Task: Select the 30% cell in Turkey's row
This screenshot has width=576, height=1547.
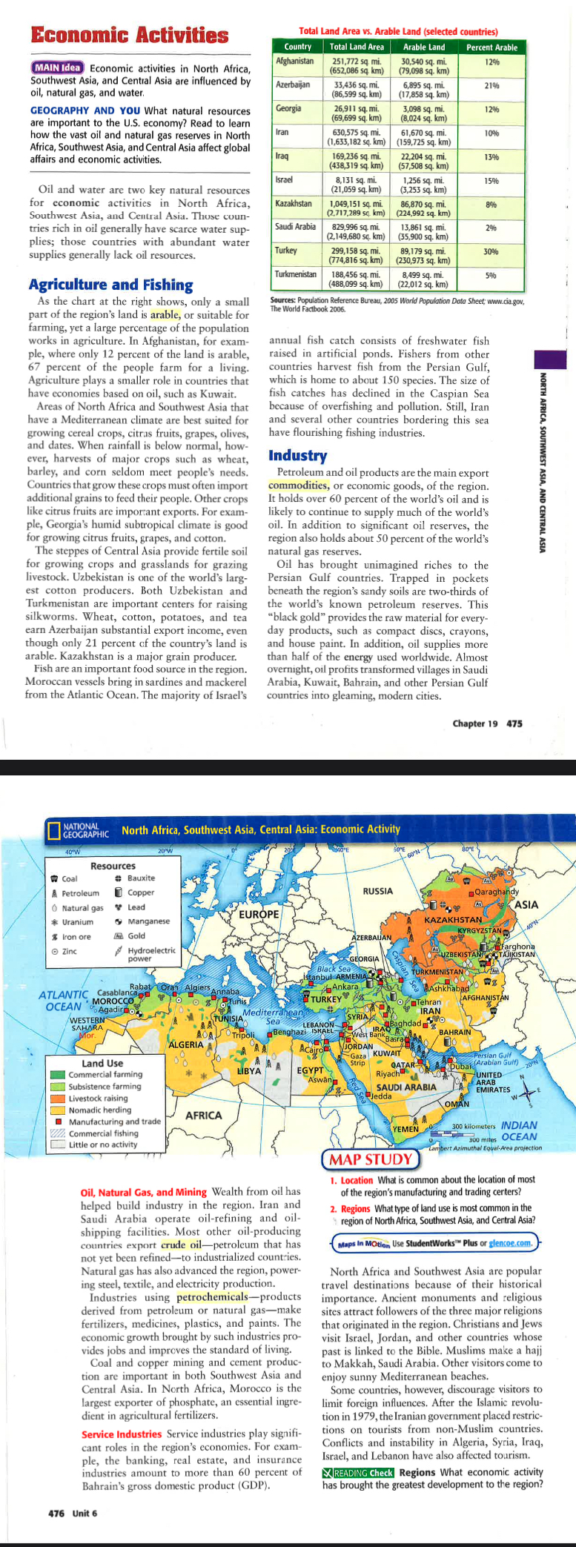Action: coord(490,251)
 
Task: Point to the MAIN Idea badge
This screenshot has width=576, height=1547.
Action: coord(58,68)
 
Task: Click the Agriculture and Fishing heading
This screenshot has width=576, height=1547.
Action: coord(110,285)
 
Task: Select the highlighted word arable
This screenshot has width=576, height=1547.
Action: coord(165,314)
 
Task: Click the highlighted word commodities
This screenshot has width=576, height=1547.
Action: coord(298,486)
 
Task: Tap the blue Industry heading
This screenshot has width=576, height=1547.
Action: coord(297,455)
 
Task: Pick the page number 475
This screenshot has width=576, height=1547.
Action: coord(514,723)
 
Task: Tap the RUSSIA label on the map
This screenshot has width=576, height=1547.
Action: coord(378,891)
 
